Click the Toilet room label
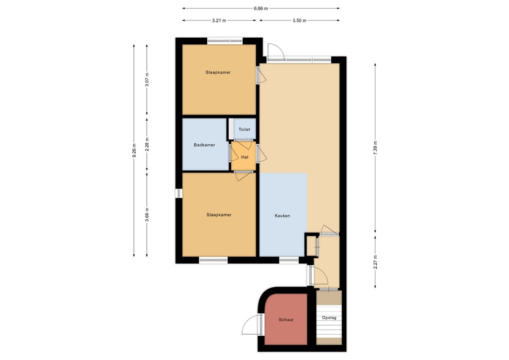[244, 129]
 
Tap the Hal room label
[244, 157]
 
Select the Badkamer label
[204, 145]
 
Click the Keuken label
[282, 216]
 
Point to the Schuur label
[286, 320]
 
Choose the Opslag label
[329, 317]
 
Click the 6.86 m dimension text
[260, 8]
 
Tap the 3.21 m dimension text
[219, 20]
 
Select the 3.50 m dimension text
[299, 20]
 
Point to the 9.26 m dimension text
[134, 150]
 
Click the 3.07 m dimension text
[147, 80]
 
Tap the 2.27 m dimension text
[375, 261]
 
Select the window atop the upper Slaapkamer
[225, 41]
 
